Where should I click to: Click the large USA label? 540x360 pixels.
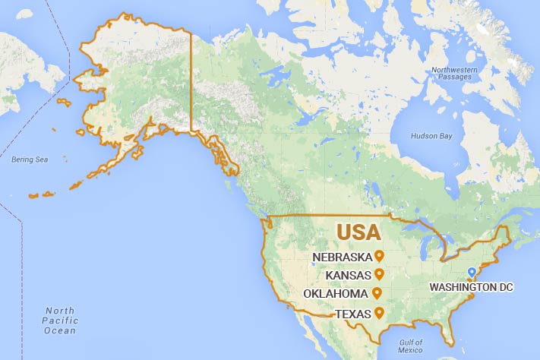point(360,231)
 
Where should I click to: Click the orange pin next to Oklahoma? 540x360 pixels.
point(376,293)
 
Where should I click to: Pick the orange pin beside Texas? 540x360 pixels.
point(377,313)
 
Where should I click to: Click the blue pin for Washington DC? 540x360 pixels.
point(471,272)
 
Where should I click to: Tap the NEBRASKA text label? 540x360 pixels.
point(343,257)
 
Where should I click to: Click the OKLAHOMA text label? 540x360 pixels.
point(336,294)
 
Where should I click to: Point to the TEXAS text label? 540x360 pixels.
point(353,314)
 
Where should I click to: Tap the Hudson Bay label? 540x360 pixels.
point(431,136)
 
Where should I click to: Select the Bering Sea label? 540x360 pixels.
point(30,159)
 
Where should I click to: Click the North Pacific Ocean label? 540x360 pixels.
point(60,321)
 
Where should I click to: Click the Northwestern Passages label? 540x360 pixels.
point(455,74)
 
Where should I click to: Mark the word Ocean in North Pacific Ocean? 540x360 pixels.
point(60,330)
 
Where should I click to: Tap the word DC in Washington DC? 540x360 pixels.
point(504,287)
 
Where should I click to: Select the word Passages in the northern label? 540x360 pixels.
point(455,77)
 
